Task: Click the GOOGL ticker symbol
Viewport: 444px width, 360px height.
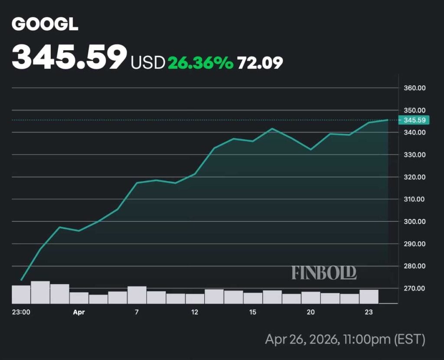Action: (45, 25)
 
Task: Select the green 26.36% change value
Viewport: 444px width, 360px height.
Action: (200, 63)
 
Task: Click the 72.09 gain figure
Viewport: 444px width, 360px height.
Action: (260, 63)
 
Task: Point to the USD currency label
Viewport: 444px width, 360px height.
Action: (148, 63)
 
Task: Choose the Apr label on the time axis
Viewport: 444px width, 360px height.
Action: (79, 312)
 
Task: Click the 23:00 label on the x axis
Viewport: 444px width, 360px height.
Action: (21, 312)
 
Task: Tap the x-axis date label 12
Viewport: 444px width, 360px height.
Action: (195, 312)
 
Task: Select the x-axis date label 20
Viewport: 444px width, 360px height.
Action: (310, 312)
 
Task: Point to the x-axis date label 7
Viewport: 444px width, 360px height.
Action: (137, 312)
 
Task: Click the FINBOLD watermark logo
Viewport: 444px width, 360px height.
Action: (324, 272)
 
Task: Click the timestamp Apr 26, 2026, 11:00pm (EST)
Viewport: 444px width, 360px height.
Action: (345, 339)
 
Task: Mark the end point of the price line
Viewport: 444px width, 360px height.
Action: (387, 120)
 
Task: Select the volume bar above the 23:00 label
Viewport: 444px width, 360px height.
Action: (21, 294)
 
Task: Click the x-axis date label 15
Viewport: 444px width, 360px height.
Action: (253, 312)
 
